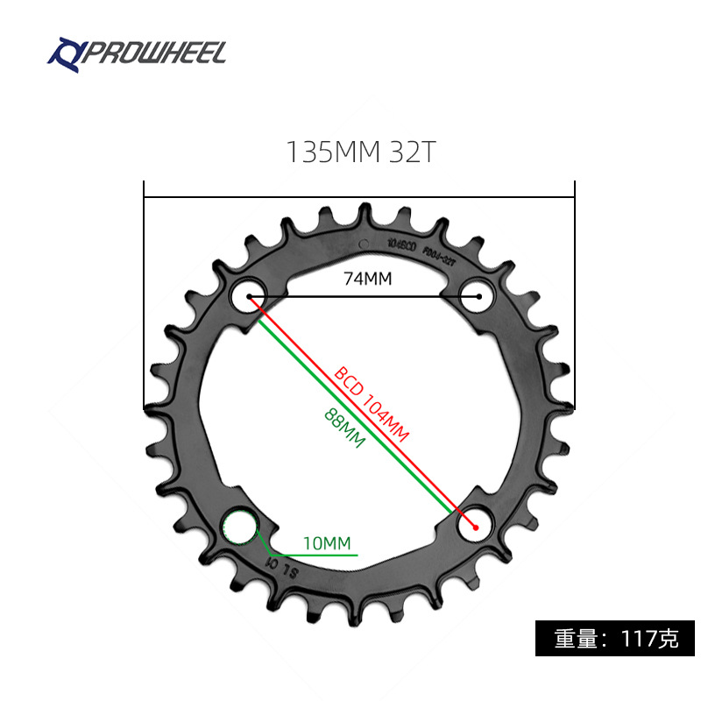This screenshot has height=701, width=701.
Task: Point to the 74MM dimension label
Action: click(x=366, y=279)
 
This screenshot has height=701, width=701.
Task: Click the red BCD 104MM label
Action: click(x=372, y=403)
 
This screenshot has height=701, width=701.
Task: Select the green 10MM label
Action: click(x=326, y=543)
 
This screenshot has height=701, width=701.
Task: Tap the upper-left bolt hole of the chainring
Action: click(x=248, y=295)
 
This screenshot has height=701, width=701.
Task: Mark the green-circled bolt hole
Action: click(x=239, y=528)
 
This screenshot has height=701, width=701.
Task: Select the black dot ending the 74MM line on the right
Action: click(x=479, y=297)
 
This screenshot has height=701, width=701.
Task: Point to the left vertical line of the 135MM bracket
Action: click(x=145, y=298)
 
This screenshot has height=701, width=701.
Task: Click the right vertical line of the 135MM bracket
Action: click(x=574, y=298)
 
